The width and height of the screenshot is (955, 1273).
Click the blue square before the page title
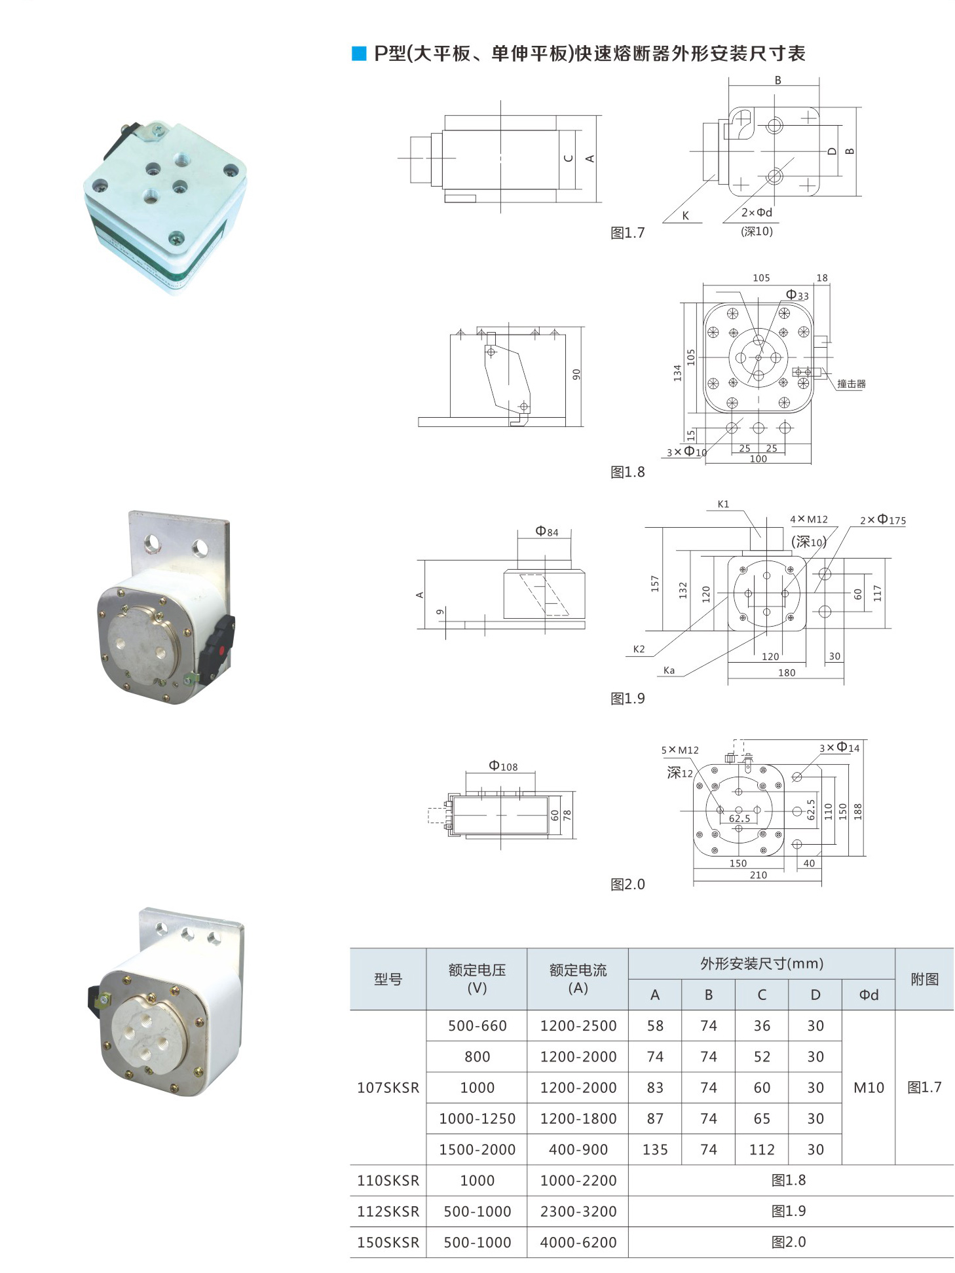tap(359, 54)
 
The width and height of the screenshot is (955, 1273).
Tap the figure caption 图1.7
tap(627, 233)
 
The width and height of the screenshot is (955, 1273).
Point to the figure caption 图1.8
tap(627, 472)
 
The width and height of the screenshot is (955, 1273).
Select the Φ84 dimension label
tap(547, 531)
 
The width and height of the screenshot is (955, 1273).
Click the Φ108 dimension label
tap(503, 766)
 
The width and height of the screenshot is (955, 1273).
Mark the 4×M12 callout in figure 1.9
tap(809, 519)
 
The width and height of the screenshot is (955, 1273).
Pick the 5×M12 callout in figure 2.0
tap(680, 750)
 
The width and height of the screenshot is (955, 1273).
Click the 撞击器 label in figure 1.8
tap(852, 384)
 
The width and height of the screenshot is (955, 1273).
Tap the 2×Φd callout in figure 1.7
tap(757, 212)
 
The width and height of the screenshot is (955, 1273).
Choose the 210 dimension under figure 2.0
tap(758, 875)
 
